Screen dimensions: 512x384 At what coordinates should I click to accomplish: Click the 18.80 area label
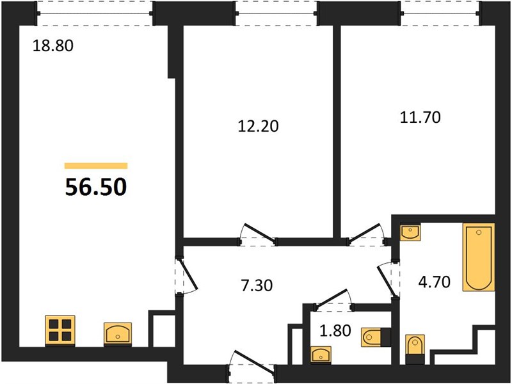coord(53,45)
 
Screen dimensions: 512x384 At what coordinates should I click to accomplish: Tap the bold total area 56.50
coord(95,188)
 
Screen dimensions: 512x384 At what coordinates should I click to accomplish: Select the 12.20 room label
coord(259,125)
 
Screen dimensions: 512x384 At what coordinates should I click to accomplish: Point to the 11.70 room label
coord(420,117)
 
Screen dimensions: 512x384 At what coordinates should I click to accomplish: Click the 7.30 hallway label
coord(257,285)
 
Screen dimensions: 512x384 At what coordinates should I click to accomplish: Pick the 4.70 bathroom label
coord(435,282)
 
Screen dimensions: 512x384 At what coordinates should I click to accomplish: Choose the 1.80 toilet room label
coord(335,330)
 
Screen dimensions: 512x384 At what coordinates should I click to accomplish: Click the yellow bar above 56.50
coord(96,166)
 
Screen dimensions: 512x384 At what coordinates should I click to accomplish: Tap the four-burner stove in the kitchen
coord(60,330)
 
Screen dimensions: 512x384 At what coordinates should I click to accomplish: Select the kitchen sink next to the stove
coord(118,333)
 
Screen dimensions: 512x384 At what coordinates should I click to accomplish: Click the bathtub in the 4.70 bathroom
coord(479,257)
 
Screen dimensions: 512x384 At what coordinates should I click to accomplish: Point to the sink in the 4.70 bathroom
coord(410,232)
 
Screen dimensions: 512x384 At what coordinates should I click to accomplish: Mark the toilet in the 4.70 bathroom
coord(415,349)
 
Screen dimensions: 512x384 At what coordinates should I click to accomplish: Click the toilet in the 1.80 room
coord(376,337)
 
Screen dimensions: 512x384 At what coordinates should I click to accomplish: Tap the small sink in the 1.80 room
coord(321,355)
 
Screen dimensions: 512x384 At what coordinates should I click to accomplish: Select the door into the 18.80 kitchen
coord(187,276)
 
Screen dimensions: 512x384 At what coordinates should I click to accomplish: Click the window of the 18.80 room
coord(95,13)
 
